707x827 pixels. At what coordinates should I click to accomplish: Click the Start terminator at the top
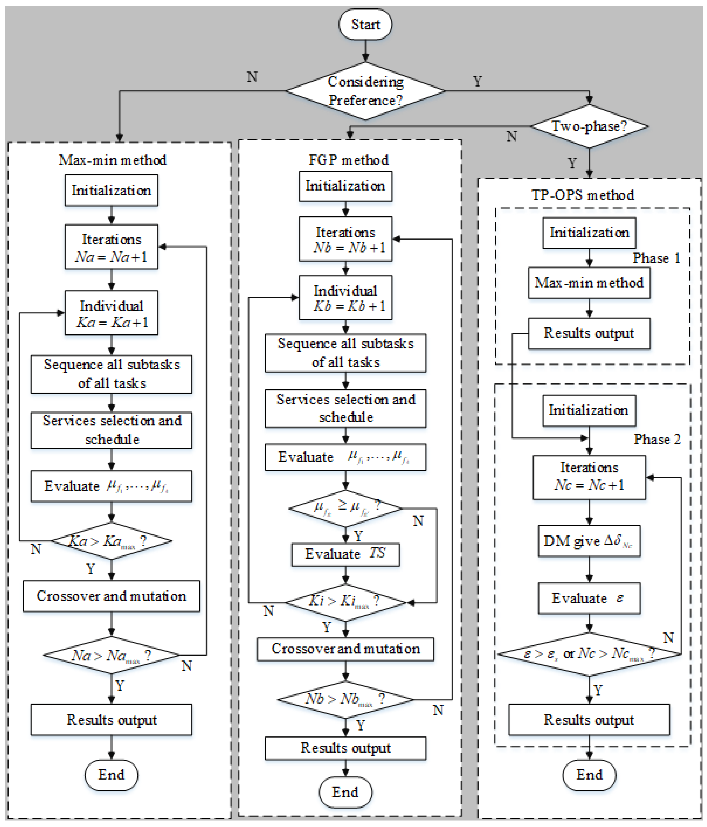(x=365, y=24)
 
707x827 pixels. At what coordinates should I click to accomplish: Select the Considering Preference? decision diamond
(x=365, y=91)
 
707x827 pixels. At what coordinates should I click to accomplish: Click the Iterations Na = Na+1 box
(x=112, y=247)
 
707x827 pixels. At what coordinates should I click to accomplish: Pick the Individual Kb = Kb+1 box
(x=346, y=298)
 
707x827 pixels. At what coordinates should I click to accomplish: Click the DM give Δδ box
(x=589, y=541)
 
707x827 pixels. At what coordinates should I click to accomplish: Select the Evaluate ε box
(x=589, y=598)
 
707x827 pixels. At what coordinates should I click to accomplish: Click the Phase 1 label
(x=656, y=258)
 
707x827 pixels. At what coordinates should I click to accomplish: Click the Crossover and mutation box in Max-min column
(x=112, y=596)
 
